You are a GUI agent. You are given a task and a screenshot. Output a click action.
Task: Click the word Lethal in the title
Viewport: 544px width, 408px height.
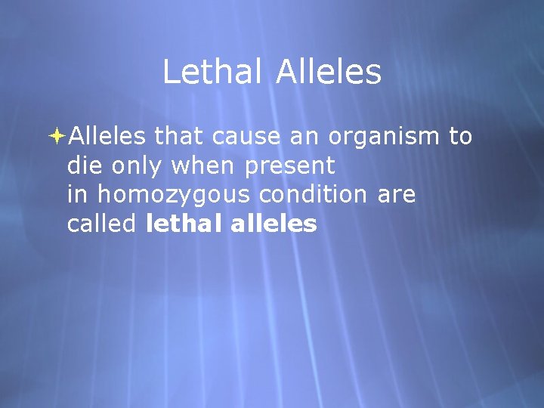(x=212, y=73)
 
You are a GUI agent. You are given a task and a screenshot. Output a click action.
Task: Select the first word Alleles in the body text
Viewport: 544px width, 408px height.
(x=107, y=136)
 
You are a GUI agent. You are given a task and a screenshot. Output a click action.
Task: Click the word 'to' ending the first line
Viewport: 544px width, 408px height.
(x=460, y=136)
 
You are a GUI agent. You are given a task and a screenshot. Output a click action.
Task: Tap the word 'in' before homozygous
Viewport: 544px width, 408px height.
(x=78, y=194)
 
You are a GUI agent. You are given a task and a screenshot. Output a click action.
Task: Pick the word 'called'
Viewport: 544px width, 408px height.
(x=102, y=224)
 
